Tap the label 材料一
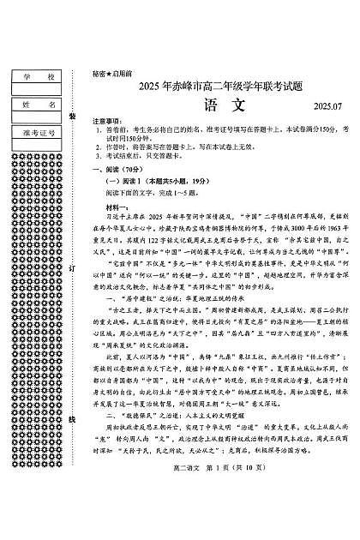pyautogui.click(x=115, y=206)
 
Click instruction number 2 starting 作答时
pyautogui.click(x=171, y=147)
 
